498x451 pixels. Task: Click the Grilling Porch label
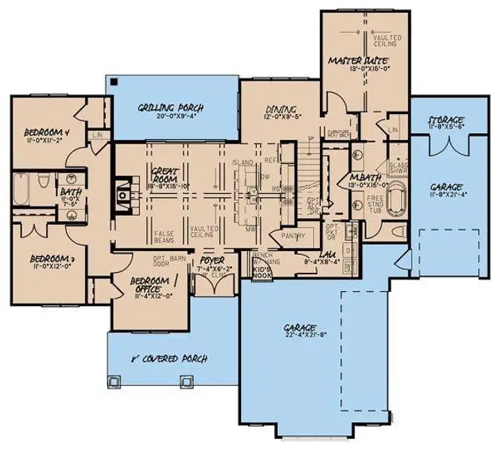(165, 107)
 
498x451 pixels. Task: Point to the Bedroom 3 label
(43, 257)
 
